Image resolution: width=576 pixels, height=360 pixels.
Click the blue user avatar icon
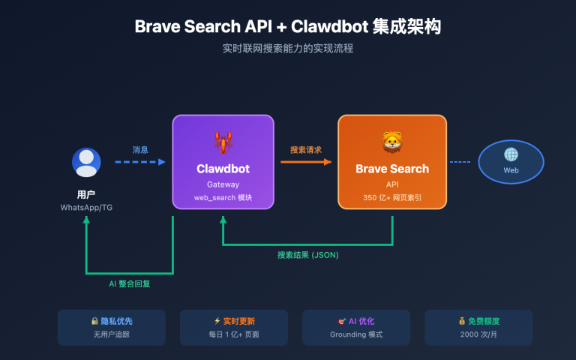[86, 163]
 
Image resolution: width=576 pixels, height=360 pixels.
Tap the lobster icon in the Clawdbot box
[223, 140]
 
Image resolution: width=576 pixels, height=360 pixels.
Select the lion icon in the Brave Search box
[391, 140]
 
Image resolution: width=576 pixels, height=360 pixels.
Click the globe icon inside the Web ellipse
[511, 154]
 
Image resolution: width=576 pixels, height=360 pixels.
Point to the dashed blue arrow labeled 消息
[140, 161]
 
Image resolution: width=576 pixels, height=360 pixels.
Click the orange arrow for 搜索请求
[305, 161]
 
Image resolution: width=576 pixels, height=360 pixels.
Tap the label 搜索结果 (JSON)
[307, 255]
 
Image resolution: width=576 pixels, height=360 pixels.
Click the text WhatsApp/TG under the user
[86, 207]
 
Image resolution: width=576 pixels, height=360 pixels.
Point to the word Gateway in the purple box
[223, 184]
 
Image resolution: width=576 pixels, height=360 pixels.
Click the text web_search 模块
[223, 198]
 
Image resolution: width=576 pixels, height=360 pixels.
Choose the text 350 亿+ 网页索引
[391, 198]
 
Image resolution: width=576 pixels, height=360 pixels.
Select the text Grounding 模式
[356, 334]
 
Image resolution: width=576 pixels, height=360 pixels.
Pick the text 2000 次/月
[478, 334]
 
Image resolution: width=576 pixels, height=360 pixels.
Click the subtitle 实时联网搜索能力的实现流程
[288, 49]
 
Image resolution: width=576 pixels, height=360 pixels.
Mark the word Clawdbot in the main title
[327, 26]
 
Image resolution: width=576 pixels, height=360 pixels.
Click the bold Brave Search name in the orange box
[391, 169]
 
